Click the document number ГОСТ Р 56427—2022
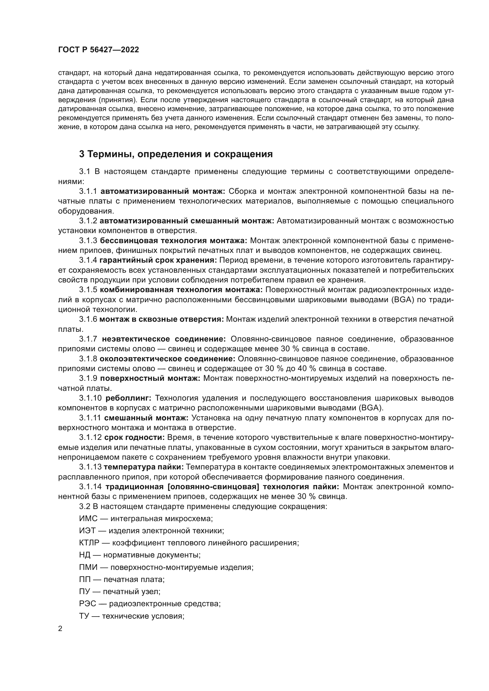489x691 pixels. click(98, 50)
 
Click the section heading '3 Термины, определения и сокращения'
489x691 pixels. click(176, 154)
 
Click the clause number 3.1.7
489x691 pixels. click(88, 339)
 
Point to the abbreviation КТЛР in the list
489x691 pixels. click(89, 543)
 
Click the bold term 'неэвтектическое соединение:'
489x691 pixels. click(164, 339)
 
